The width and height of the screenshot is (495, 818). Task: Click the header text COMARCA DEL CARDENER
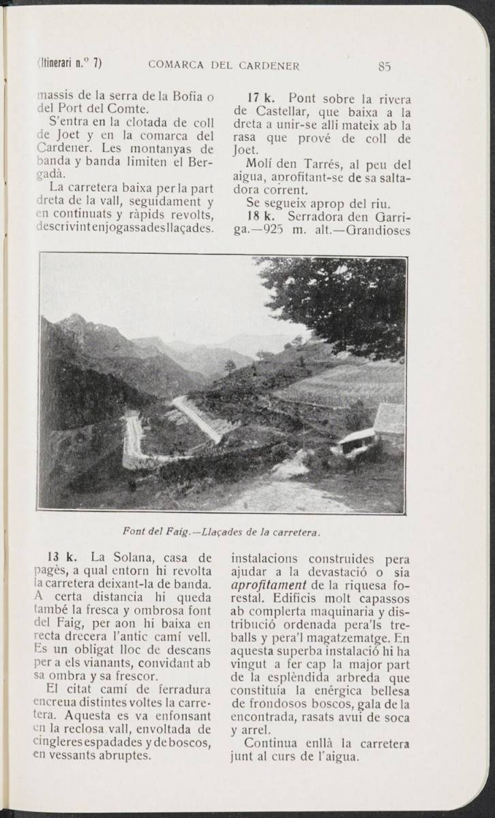(224, 66)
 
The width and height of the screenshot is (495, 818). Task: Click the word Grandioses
(378, 231)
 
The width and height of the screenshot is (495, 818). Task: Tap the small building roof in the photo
(389, 417)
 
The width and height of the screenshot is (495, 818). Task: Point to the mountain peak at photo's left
(72, 320)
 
